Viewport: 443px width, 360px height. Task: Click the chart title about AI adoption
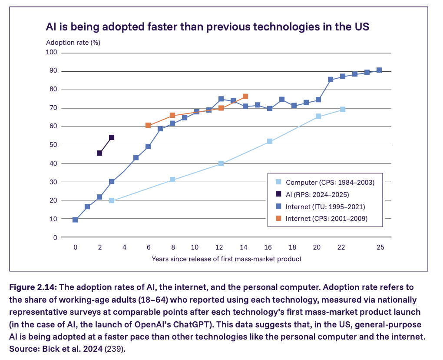pyautogui.click(x=207, y=27)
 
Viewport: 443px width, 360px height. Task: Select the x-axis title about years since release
pyautogui.click(x=226, y=259)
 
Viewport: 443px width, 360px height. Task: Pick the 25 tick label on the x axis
pyautogui.click(x=380, y=247)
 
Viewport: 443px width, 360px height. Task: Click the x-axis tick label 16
pyautogui.click(x=268, y=247)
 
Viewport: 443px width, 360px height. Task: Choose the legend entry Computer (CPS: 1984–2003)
pyautogui.click(x=330, y=182)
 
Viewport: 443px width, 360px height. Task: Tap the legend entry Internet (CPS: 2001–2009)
pyautogui.click(x=327, y=219)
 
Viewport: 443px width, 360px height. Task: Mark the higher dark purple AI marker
pyautogui.click(x=112, y=137)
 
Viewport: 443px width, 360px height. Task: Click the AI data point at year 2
pyautogui.click(x=99, y=153)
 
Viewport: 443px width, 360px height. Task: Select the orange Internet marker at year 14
pyautogui.click(x=245, y=96)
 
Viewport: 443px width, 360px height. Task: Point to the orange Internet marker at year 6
pyautogui.click(x=148, y=125)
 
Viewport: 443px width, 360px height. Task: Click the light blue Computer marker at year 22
pyautogui.click(x=343, y=109)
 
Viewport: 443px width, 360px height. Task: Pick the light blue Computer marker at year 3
pyautogui.click(x=112, y=200)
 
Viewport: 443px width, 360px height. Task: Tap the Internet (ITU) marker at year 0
pyautogui.click(x=75, y=220)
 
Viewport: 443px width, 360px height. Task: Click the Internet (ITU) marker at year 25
pyautogui.click(x=379, y=70)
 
